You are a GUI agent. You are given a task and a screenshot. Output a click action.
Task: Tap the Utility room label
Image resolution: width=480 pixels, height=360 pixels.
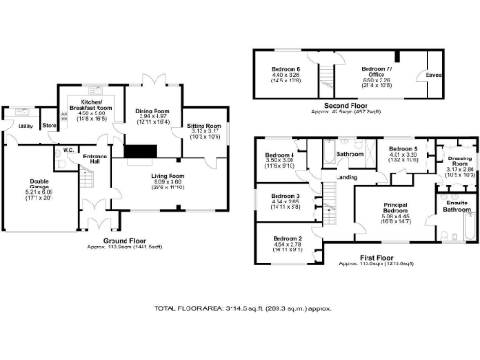click(x=25, y=125)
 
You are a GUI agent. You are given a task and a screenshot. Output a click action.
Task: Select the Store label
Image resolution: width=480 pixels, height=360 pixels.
click(x=50, y=125)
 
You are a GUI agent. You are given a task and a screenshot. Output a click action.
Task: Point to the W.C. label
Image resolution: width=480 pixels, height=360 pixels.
click(x=68, y=149)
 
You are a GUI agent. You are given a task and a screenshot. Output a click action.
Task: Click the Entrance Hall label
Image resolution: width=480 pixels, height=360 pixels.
click(x=95, y=159)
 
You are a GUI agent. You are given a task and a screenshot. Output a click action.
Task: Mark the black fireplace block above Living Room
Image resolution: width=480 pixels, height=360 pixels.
click(x=142, y=153)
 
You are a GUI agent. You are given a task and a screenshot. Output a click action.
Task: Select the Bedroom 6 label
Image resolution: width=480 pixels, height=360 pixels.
click(x=286, y=70)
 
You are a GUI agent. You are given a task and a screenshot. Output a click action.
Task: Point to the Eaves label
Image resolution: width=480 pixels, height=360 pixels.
click(x=433, y=74)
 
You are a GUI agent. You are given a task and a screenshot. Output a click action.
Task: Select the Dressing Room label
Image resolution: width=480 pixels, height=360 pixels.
click(x=458, y=161)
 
